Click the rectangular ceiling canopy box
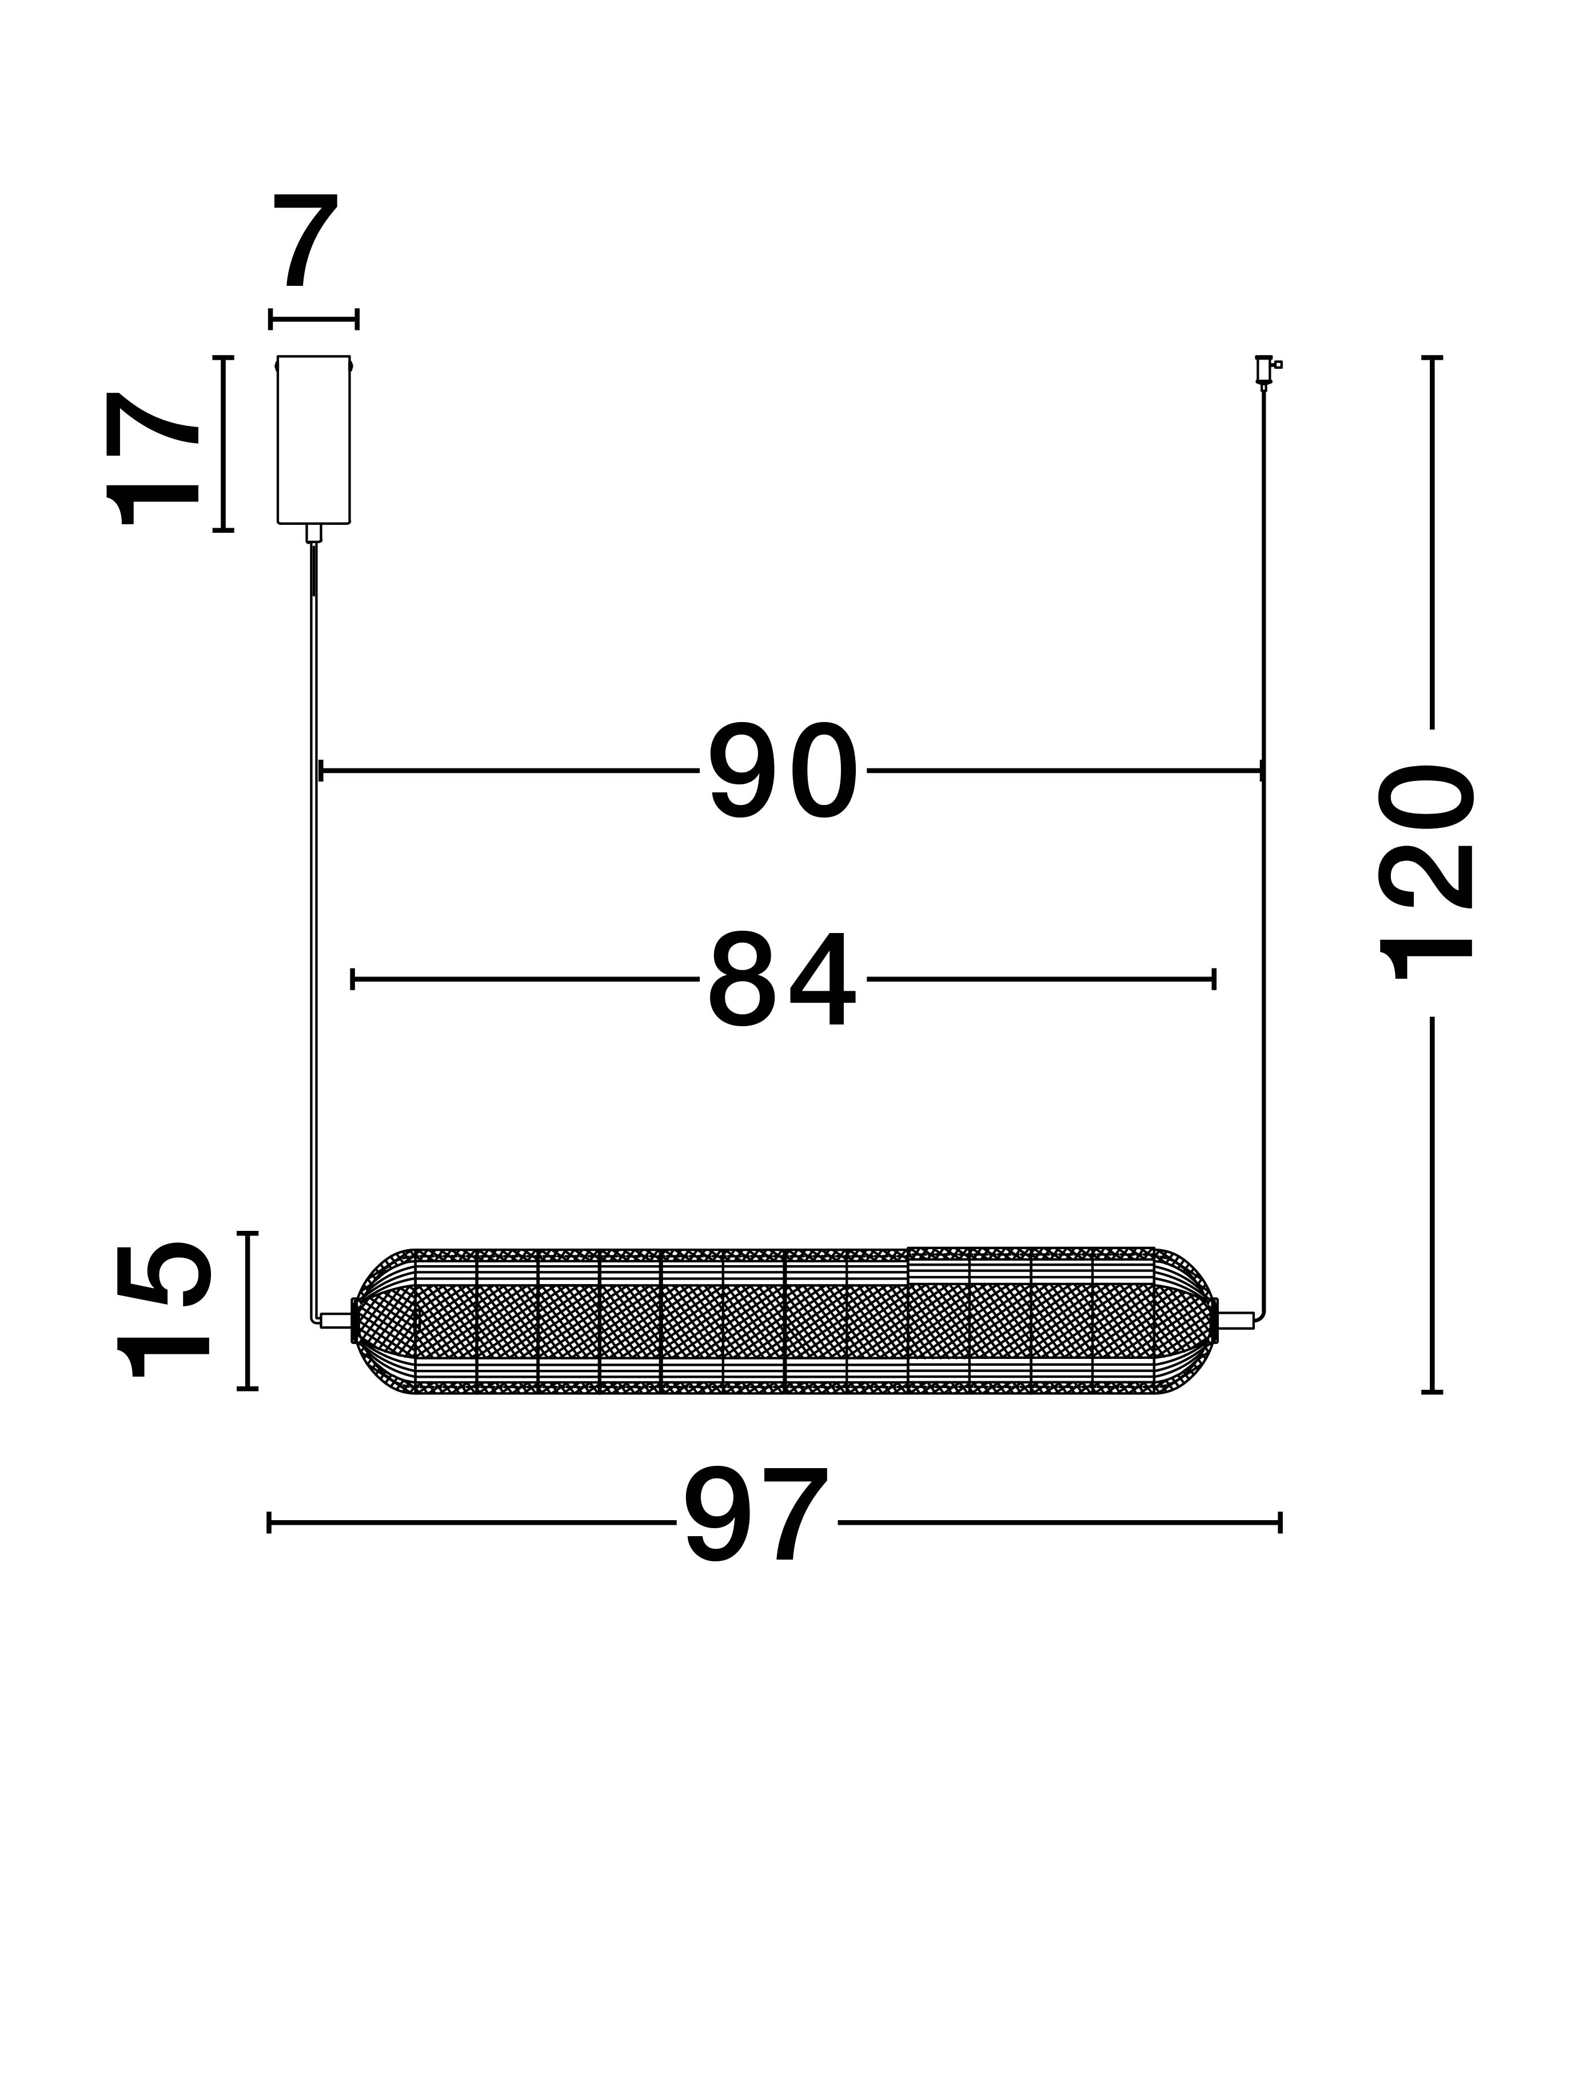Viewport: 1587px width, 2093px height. pos(313,440)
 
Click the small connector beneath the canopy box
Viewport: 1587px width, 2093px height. pos(313,533)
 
